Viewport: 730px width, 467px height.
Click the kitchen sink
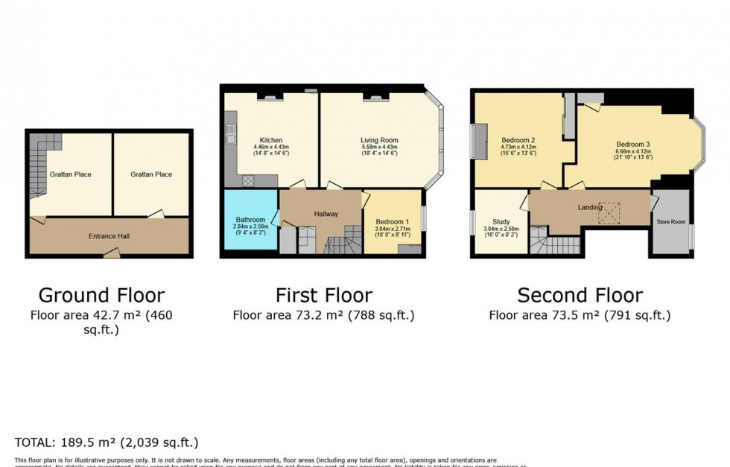[232, 139]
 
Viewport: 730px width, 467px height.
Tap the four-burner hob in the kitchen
[247, 180]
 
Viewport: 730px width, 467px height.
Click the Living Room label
[379, 140]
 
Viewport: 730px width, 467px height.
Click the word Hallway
[326, 214]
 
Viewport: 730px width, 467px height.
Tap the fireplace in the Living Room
[372, 97]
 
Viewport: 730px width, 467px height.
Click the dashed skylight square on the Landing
[611, 215]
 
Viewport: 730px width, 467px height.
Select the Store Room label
[670, 221]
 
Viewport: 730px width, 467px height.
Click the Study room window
[474, 222]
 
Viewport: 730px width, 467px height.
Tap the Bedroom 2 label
[518, 140]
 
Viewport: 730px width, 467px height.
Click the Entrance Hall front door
[111, 255]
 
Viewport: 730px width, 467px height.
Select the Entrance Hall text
[109, 236]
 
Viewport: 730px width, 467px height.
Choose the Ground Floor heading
[101, 295]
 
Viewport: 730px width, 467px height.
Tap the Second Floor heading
[580, 295]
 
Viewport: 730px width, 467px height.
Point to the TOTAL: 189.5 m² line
[107, 442]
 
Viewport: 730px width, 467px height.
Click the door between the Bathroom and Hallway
[276, 217]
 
